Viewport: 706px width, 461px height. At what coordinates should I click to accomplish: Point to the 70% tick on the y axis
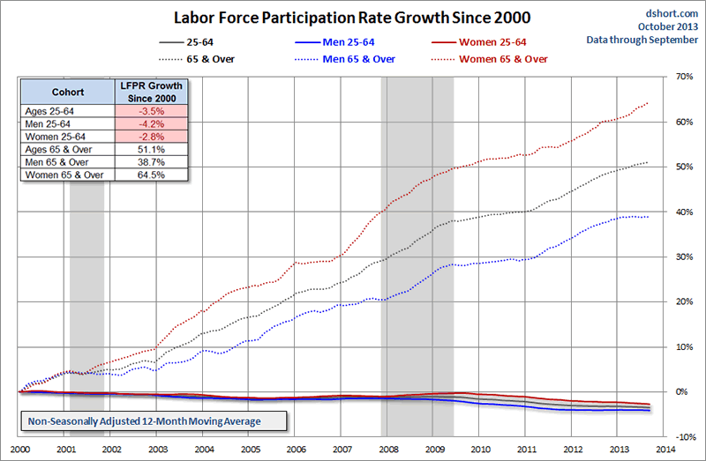pos(685,77)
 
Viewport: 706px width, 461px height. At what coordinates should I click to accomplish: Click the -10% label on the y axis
pos(684,437)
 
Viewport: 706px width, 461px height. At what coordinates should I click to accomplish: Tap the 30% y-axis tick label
pos(685,257)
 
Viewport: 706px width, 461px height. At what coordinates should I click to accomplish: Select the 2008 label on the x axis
pos(386,449)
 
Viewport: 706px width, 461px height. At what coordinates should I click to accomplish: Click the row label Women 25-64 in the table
pos(57,138)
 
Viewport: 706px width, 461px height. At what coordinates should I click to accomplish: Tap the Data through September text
pos(642,40)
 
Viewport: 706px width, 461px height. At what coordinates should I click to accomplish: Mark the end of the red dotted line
pos(649,103)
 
